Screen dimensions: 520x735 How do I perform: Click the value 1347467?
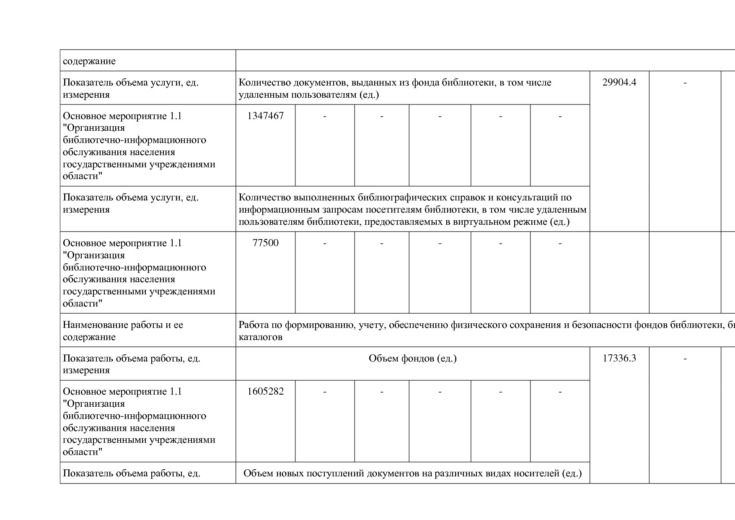(265, 116)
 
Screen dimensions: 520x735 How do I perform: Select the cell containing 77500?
(265, 243)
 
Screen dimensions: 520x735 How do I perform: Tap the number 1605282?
(265, 392)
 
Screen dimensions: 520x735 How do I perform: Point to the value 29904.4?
(619, 83)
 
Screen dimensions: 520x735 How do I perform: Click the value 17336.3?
(619, 359)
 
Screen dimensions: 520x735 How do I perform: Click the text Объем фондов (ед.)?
(412, 359)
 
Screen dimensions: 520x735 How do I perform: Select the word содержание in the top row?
(89, 61)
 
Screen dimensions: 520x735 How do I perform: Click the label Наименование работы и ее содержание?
(123, 331)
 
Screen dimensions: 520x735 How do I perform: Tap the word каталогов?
(260, 337)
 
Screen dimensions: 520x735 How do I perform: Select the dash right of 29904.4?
(685, 83)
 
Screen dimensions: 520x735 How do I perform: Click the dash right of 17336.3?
(685, 359)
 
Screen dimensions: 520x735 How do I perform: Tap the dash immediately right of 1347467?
(324, 117)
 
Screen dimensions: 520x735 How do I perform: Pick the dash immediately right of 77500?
(324, 244)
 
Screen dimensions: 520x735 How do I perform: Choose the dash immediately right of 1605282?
(324, 392)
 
